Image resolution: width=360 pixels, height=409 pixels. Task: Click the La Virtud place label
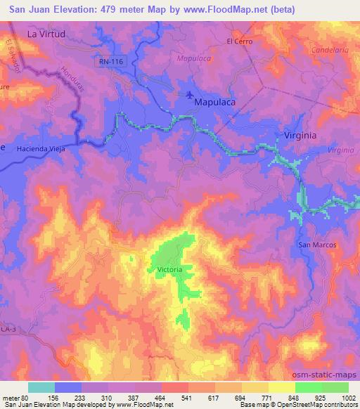pos(46,33)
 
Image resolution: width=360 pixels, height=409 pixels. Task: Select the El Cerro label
pos(239,41)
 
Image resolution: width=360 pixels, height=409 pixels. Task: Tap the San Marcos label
pos(318,245)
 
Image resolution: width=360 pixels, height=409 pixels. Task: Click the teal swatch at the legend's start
pos(41,387)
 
